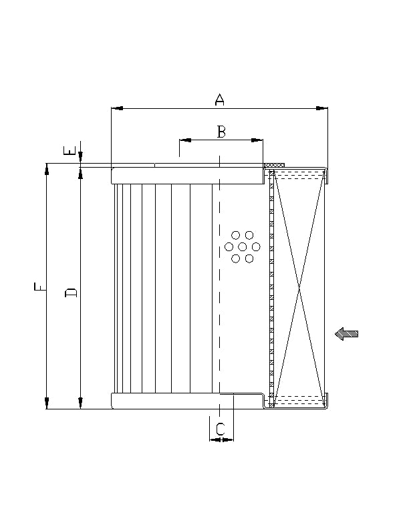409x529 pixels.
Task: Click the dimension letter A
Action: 219,100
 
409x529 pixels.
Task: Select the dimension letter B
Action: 221,132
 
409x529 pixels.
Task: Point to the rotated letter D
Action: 71,293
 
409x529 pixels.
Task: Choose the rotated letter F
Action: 39,287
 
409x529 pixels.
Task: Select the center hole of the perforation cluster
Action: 242,247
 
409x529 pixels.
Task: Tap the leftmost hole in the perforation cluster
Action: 229,247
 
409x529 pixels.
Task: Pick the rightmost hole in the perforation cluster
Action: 256,247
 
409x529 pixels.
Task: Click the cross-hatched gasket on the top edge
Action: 275,165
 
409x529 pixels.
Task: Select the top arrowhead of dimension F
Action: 47,170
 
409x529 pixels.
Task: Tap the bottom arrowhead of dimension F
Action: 47,403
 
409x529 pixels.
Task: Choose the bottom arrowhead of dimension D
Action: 80,402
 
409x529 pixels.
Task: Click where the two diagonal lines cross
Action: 300,288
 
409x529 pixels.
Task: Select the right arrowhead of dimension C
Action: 229,439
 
